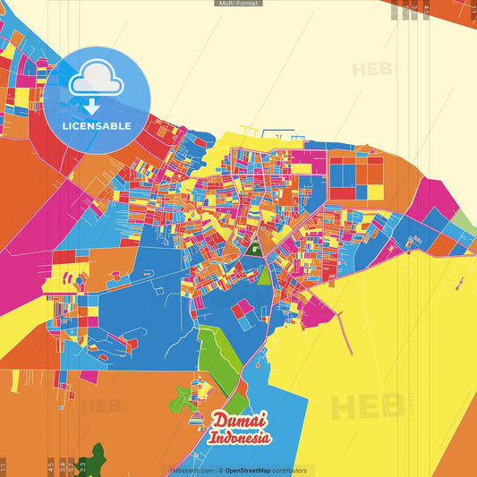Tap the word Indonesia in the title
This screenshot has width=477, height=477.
tap(239, 438)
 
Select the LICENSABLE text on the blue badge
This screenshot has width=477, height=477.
tap(97, 125)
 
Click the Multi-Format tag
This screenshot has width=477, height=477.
tap(238, 4)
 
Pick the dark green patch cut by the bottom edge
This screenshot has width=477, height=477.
tap(93, 462)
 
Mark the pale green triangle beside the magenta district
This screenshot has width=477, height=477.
tap(463, 219)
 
